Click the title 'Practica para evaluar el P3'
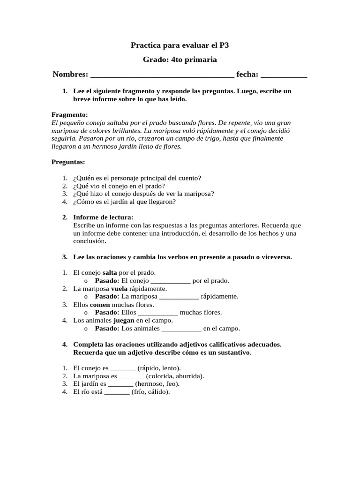[180, 45]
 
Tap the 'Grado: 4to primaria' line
[180, 60]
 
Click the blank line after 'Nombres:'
[162, 75]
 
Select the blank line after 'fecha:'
[284, 75]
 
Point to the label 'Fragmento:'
[69, 115]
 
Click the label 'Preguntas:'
[68, 162]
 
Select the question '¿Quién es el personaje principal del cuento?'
[137, 178]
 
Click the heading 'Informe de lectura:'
[104, 217]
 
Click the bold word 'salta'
[110, 273]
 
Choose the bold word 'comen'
[100, 305]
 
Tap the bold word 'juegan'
[124, 321]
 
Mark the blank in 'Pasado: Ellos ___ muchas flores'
[158, 313]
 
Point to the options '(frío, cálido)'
[150, 392]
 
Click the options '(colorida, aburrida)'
[175, 376]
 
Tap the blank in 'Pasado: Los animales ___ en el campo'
[181, 329]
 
